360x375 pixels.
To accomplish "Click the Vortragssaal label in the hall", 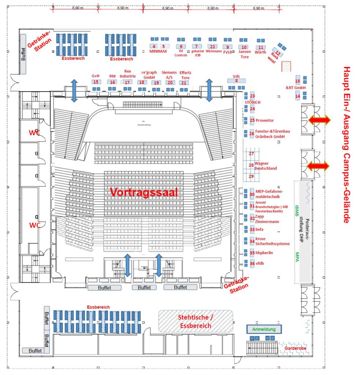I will (x=144, y=192).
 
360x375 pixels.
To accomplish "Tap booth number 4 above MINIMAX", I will (x=154, y=47).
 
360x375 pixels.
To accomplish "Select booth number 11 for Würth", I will (x=260, y=47).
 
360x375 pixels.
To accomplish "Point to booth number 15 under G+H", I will (x=96, y=82).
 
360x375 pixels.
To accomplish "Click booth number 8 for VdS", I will (x=236, y=81).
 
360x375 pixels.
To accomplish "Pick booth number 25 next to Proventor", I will (x=252, y=120).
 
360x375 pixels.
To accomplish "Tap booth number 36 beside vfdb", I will (x=252, y=264).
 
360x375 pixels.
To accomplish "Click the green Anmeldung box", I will (x=263, y=329).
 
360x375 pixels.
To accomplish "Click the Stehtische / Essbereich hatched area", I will (x=195, y=321).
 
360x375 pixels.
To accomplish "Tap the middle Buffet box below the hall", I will (x=144, y=288).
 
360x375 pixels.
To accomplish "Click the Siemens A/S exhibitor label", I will (x=169, y=75).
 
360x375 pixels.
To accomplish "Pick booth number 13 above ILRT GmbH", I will (x=297, y=81).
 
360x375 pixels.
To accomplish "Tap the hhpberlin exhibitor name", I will (x=264, y=253).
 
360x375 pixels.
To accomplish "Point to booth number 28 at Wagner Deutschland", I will (x=251, y=165).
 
